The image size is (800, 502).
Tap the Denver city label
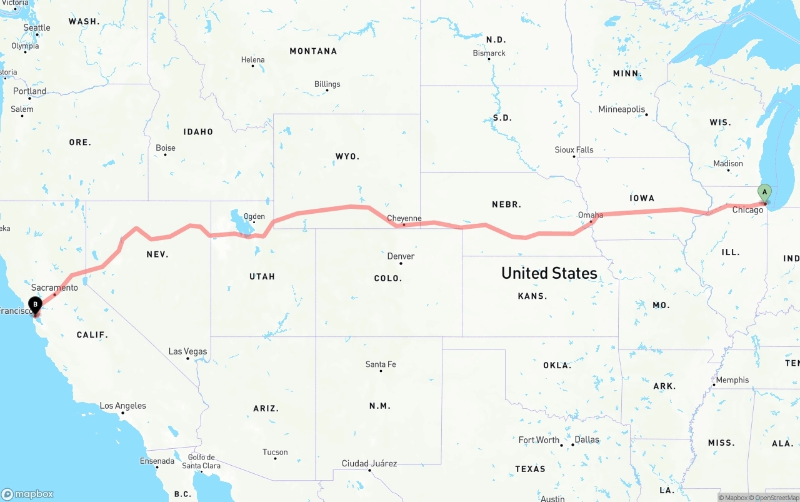pos(401,256)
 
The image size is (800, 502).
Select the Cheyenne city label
pos(404,219)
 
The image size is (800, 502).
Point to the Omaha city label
pos(591,215)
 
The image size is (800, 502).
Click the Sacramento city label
pos(54,288)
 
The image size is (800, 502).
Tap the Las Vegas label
pos(187,351)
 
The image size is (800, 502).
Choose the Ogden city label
pos(254,217)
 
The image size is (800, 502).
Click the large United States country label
pos(549,273)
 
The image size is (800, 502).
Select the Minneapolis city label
pos(621,109)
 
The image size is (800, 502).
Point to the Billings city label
pos(327,84)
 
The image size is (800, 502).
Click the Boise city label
pos(166,148)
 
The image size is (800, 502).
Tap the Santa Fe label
pos(381,364)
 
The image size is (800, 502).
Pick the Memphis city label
pos(732,380)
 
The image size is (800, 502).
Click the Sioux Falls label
pos(574,150)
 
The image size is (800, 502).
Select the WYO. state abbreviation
pos(347,156)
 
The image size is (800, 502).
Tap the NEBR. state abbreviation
pos(506,204)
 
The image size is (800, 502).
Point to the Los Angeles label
pos(123,406)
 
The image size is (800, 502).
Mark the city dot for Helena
pos(253,66)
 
